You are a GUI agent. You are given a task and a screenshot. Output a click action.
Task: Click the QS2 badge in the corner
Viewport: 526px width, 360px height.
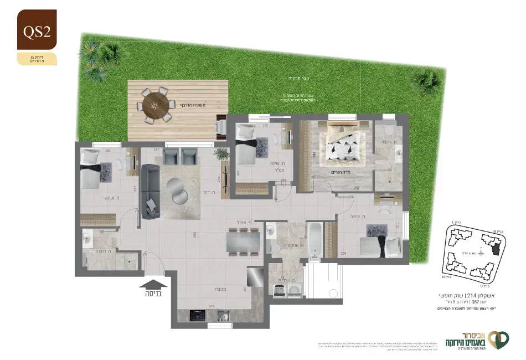point(37,31)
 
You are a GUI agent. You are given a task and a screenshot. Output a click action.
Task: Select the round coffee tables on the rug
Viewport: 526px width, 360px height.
point(181,189)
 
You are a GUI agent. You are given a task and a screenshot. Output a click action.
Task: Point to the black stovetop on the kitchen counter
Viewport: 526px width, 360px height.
point(198,316)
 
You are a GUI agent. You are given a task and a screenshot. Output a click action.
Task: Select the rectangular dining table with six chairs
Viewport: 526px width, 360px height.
point(243,241)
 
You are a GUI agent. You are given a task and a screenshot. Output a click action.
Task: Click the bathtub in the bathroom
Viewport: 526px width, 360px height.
point(314,239)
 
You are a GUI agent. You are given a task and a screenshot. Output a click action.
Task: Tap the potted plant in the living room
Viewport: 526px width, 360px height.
point(222,154)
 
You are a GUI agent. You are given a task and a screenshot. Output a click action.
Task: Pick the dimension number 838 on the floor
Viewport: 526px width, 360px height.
point(194,235)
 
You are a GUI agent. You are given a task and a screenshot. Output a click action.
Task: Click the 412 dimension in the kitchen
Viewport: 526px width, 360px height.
point(211,305)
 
